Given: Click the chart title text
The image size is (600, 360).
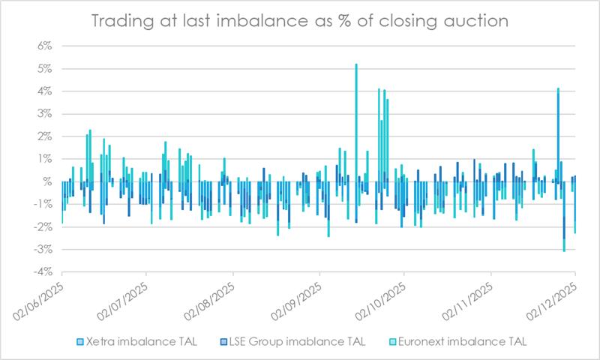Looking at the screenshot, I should click(299, 21).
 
